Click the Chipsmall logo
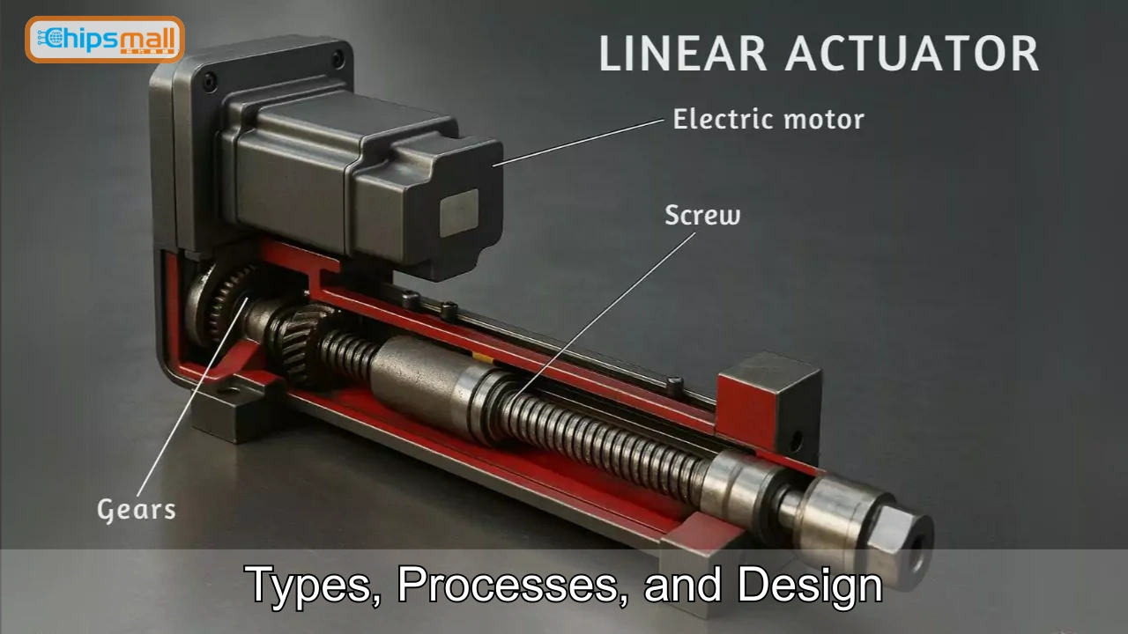pyautogui.click(x=104, y=40)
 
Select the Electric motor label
pyautogui.click(x=768, y=120)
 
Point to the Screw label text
pyautogui.click(x=702, y=216)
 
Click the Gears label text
pyautogui.click(x=136, y=509)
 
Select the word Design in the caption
pyautogui.click(x=810, y=585)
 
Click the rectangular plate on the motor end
pyautogui.click(x=458, y=212)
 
